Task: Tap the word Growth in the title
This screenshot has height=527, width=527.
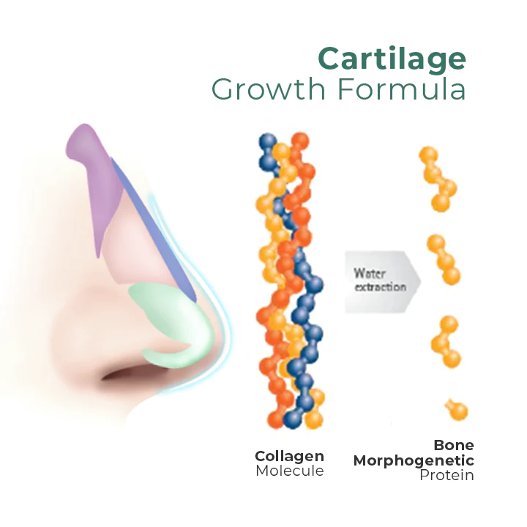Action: click(269, 89)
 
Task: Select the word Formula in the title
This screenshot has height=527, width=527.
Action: click(402, 89)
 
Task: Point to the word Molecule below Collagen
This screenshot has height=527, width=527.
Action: click(290, 471)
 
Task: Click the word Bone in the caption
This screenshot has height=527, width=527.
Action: click(454, 445)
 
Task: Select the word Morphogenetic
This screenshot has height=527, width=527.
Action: click(414, 461)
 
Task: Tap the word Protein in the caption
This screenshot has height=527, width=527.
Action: click(446, 475)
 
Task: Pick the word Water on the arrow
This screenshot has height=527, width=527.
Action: click(370, 273)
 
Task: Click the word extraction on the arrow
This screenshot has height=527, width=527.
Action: click(381, 287)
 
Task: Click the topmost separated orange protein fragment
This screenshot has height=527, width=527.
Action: click(438, 179)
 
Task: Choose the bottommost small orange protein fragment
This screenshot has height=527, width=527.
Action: click(456, 409)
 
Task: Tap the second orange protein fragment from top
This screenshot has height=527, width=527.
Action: click(444, 260)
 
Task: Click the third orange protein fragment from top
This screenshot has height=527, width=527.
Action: click(446, 342)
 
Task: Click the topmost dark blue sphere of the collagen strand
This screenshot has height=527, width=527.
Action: click(268, 141)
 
